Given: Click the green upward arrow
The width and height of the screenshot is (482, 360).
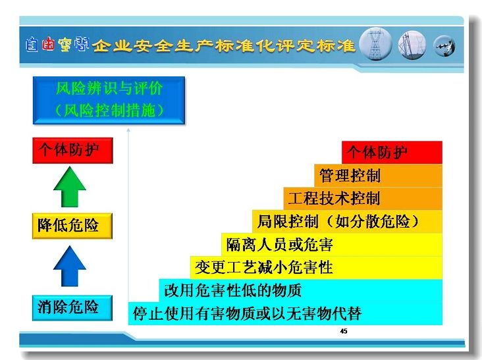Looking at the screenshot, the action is tap(70, 187).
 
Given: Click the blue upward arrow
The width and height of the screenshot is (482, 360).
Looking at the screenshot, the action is tap(70, 266).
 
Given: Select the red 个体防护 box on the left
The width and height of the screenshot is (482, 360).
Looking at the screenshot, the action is tap(72, 151).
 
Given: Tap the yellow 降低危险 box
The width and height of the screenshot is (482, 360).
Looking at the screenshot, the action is tap(72, 226).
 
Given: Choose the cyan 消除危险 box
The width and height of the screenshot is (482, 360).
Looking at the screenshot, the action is tap(72, 308).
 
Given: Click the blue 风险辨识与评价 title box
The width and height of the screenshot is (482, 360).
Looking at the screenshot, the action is tap(109, 101).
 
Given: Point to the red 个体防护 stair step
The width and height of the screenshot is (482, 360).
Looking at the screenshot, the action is tap(392, 152).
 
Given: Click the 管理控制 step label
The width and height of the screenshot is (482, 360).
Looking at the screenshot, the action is tap(350, 176).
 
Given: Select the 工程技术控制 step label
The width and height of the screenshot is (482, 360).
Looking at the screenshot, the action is tap(334, 198).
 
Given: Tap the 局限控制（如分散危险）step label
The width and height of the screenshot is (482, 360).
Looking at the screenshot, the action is tap(338, 221).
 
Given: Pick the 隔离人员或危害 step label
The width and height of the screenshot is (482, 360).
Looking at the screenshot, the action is tap(279, 245).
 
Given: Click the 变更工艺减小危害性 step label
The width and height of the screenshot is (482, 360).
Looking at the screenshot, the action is tap(264, 267).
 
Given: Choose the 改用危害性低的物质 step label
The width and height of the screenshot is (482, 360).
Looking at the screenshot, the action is tap(232, 290).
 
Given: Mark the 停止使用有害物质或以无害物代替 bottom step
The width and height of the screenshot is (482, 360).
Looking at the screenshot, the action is tap(285, 314).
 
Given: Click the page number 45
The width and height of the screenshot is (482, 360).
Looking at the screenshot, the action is tap(344, 331).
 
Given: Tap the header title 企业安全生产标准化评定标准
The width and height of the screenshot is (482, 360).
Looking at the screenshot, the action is tap(223, 46).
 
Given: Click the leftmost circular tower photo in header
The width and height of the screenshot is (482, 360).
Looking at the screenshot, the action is tap(375, 44).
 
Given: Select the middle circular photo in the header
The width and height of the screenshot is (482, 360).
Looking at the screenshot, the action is tap(412, 45).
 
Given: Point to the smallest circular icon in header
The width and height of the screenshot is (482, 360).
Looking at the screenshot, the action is tap(444, 46).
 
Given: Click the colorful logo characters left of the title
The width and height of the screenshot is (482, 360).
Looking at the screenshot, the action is tap(57, 45).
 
